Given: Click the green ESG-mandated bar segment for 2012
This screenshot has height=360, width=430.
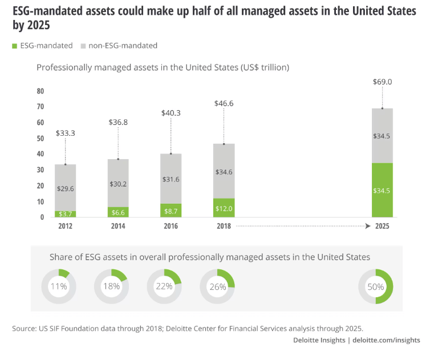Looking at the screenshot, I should (66, 214).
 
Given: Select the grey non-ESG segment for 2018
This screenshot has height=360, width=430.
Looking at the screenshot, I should (223, 171).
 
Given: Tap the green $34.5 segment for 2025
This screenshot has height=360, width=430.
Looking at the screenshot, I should (382, 190).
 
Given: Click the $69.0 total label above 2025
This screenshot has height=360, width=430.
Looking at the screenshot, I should (382, 82).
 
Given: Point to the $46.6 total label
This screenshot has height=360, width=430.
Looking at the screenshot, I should (223, 103).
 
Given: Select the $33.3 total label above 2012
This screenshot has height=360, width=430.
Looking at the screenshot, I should (66, 133).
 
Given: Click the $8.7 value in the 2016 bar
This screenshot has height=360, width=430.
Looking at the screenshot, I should (171, 211).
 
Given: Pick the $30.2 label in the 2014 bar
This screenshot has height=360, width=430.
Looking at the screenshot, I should (118, 183).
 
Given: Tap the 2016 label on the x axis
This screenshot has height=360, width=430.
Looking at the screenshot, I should (171, 226).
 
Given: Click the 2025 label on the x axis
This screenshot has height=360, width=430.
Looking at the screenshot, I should (382, 226).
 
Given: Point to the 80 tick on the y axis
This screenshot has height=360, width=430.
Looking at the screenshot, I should (40, 91).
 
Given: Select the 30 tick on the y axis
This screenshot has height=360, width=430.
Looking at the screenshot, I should (40, 170).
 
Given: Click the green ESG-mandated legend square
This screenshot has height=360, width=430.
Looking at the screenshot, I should (15, 46).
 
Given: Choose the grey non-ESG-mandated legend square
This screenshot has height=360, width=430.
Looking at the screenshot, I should (83, 46).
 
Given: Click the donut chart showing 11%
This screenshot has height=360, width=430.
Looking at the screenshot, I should (59, 286).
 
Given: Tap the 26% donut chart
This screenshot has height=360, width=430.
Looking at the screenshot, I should (217, 286).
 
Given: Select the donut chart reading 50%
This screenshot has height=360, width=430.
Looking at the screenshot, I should (375, 286).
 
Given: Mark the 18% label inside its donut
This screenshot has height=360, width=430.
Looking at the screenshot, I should (111, 286).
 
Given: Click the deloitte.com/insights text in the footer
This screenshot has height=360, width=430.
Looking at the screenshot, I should (386, 340).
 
